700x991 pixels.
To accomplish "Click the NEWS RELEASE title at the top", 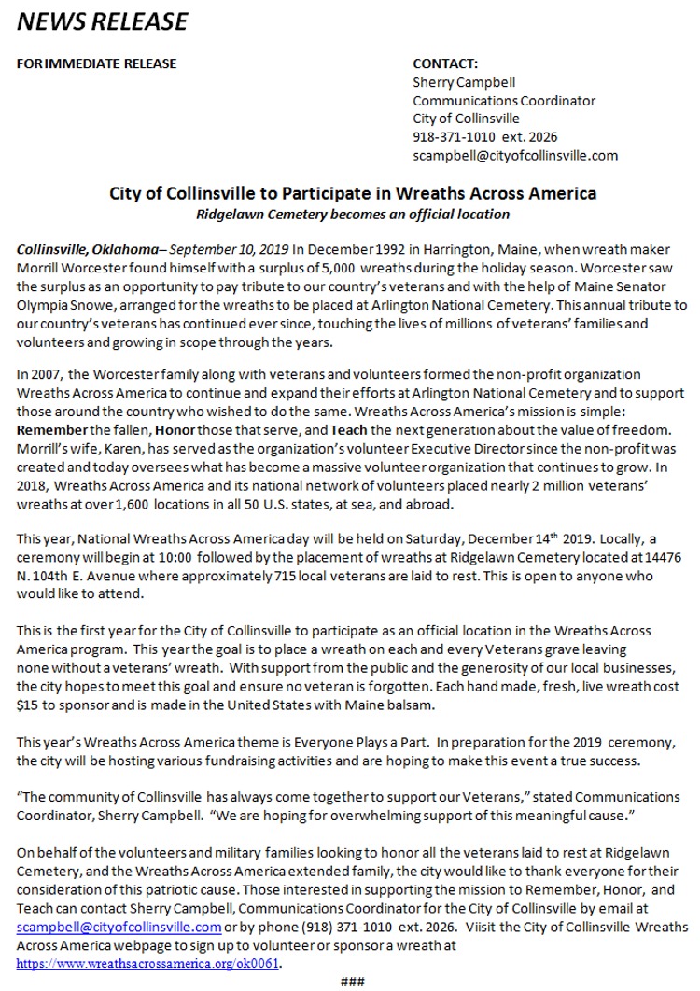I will pyautogui.click(x=103, y=21).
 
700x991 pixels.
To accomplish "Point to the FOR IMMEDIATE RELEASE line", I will pyautogui.click(x=97, y=63).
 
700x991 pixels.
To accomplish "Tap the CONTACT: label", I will pyautogui.click(x=445, y=63).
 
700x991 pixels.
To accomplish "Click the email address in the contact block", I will pyautogui.click(x=515, y=156).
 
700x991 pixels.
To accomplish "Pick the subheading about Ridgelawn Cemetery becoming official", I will pyautogui.click(x=353, y=215).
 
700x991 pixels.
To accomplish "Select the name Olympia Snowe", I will pyautogui.click(x=59, y=305).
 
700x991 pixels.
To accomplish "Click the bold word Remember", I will pyautogui.click(x=52, y=429).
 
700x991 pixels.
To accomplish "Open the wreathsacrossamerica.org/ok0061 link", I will pyautogui.click(x=147, y=963).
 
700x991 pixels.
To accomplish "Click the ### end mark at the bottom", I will pyautogui.click(x=352, y=981).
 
